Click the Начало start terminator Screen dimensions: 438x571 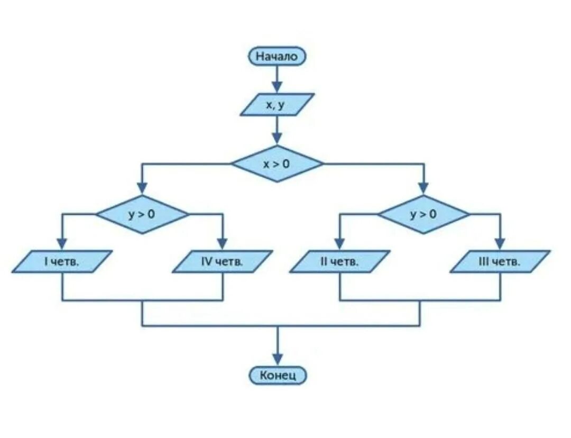point(277,56)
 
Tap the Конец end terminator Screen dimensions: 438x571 point(278,376)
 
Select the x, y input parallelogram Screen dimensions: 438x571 point(277,104)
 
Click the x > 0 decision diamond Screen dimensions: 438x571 point(277,163)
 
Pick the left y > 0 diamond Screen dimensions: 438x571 point(142,214)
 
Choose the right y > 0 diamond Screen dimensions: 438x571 point(423,214)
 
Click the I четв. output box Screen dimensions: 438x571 point(62,261)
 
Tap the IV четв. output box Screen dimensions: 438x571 point(223,261)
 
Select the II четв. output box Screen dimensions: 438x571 point(340,261)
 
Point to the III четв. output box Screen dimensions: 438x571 point(500,261)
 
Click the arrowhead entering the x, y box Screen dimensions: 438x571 point(277,87)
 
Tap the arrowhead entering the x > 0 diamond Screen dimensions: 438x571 point(277,139)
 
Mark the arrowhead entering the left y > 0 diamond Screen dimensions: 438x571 point(142,189)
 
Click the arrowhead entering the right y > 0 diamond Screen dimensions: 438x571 point(423,189)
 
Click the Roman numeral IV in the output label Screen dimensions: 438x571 point(207,261)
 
